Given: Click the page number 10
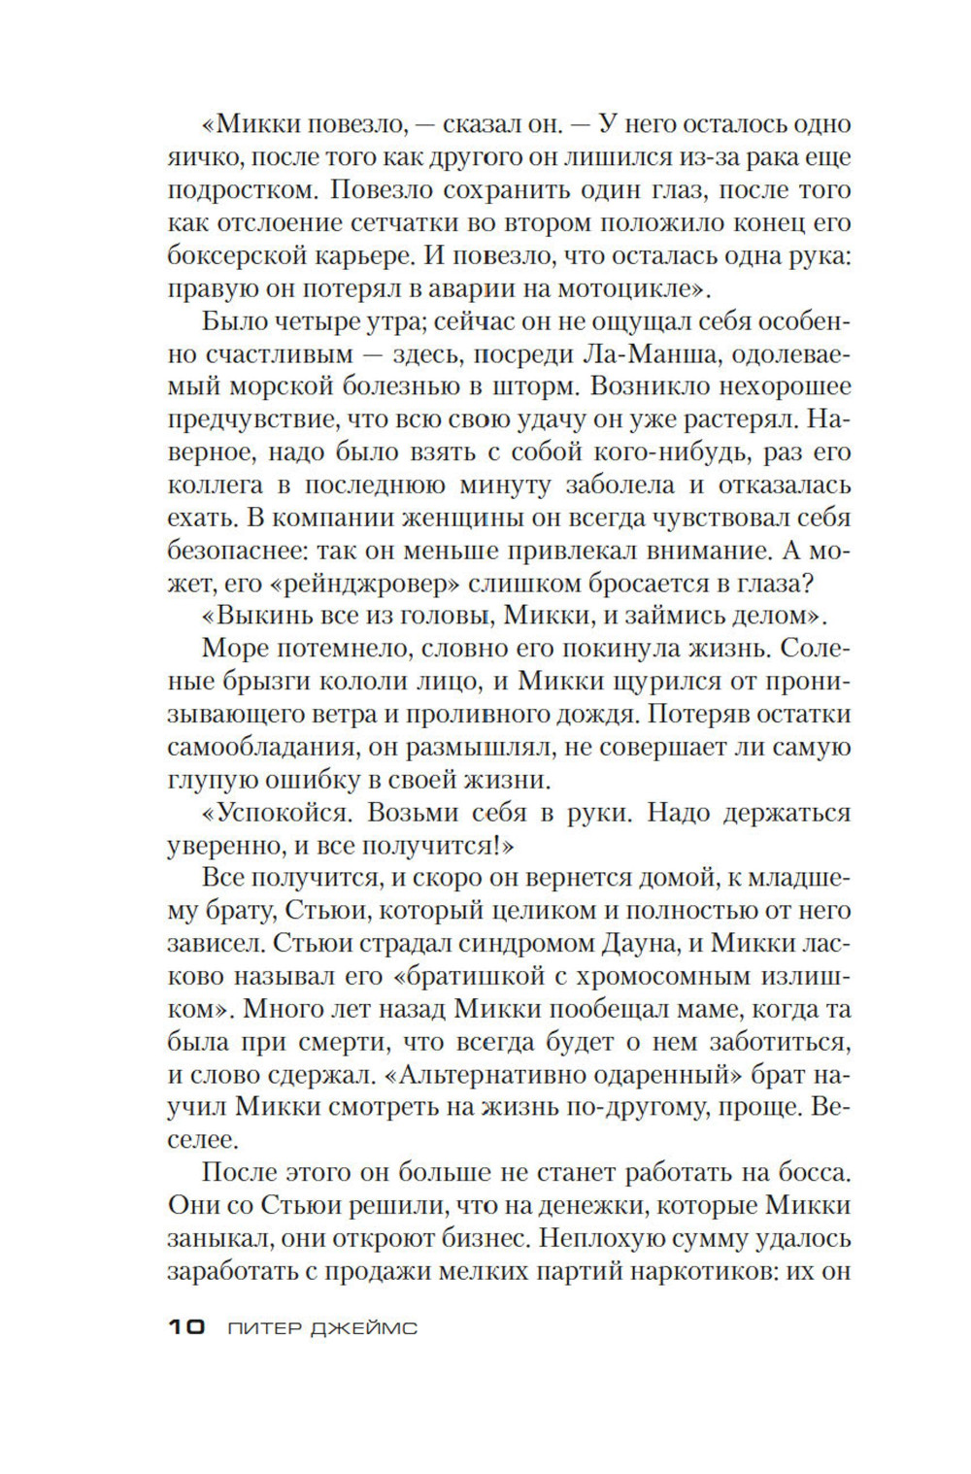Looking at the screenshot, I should (185, 1327).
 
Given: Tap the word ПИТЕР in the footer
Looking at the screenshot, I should (263, 1328).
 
